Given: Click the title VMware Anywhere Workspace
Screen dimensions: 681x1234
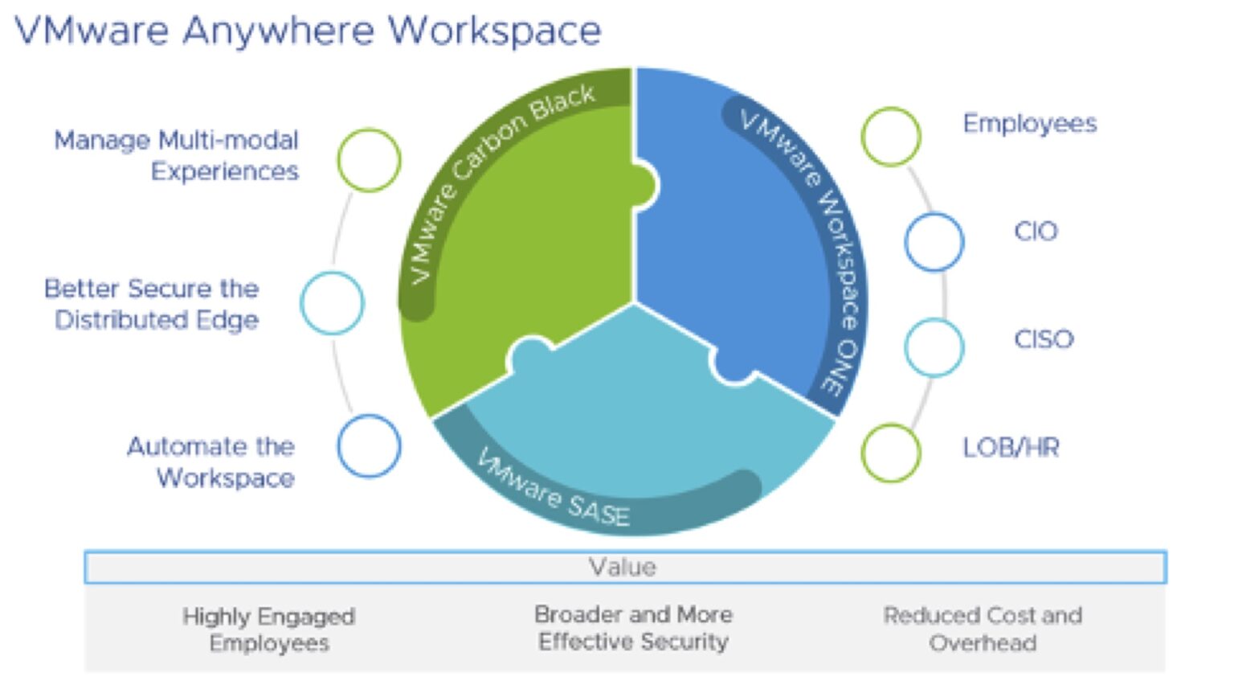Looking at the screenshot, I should click(308, 31).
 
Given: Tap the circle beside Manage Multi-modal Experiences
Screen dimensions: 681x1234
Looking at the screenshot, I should click(369, 160).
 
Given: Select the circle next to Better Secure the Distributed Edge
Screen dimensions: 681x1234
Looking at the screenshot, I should click(332, 303).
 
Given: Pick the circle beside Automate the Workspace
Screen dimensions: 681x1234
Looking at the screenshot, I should click(369, 446).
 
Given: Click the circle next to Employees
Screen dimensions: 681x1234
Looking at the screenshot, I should click(891, 137).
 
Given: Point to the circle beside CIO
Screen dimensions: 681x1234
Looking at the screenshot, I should click(934, 242).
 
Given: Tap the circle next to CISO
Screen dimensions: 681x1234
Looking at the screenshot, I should click(934, 347).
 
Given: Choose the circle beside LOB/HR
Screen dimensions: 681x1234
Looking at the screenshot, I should click(891, 453).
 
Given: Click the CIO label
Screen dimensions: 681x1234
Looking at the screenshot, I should click(1036, 232).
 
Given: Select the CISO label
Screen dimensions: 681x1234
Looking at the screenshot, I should click(1044, 339).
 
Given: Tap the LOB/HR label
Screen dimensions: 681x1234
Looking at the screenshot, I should click(1011, 447).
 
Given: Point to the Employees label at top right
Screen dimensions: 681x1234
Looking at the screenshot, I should click(1030, 124).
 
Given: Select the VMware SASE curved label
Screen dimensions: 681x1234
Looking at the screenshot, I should click(554, 490).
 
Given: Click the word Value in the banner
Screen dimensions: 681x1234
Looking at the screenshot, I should click(623, 568).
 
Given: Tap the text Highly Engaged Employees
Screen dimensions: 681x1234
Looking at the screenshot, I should click(269, 630).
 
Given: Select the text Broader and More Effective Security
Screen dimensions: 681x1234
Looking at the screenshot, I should click(633, 628).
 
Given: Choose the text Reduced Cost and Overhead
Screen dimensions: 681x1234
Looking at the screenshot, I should click(983, 629).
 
